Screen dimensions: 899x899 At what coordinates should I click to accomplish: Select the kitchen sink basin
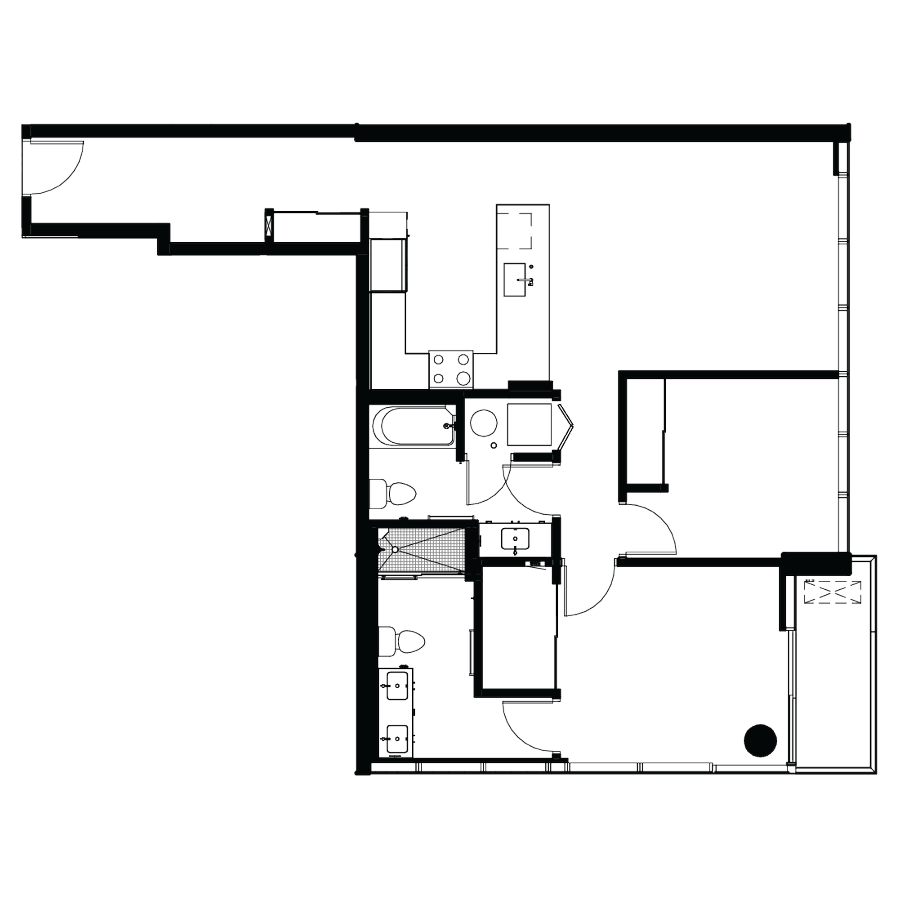[515, 279]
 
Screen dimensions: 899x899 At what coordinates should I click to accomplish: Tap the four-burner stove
[451, 369]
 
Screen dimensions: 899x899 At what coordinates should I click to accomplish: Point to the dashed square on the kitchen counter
[514, 231]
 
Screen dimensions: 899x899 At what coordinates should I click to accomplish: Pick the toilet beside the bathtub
[396, 493]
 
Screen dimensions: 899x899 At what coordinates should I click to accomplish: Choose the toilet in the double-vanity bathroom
[405, 642]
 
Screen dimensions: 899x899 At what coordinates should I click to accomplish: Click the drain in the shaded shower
[395, 550]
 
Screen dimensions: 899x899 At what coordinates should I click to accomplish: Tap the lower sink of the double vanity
[398, 739]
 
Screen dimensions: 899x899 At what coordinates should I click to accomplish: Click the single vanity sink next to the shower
[515, 539]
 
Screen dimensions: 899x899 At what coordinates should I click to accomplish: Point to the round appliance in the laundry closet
[484, 423]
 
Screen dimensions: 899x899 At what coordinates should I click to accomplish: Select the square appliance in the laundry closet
[529, 424]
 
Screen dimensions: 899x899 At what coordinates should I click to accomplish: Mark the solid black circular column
[761, 740]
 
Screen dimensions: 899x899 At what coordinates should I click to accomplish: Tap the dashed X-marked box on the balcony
[832, 592]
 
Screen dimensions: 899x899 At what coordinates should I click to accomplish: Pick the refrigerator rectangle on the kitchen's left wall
[387, 265]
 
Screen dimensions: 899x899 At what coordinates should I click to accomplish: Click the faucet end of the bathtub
[447, 425]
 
